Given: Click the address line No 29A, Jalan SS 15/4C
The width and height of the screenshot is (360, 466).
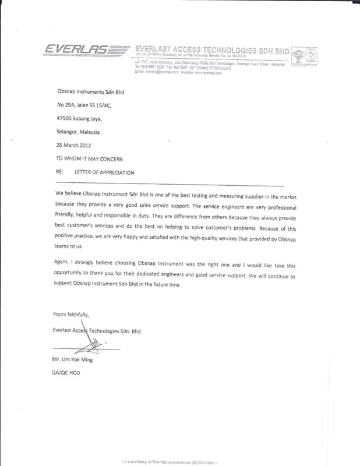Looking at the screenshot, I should click(x=83, y=105).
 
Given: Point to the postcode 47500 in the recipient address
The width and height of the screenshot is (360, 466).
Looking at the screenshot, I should click(x=64, y=118).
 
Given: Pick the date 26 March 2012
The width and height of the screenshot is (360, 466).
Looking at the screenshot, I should click(x=73, y=144).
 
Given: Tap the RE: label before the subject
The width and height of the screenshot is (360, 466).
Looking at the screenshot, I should click(x=59, y=172).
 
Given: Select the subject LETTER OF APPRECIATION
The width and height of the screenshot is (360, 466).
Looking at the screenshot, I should click(x=104, y=172).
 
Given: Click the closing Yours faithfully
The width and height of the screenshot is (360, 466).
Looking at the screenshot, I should click(x=70, y=315).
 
